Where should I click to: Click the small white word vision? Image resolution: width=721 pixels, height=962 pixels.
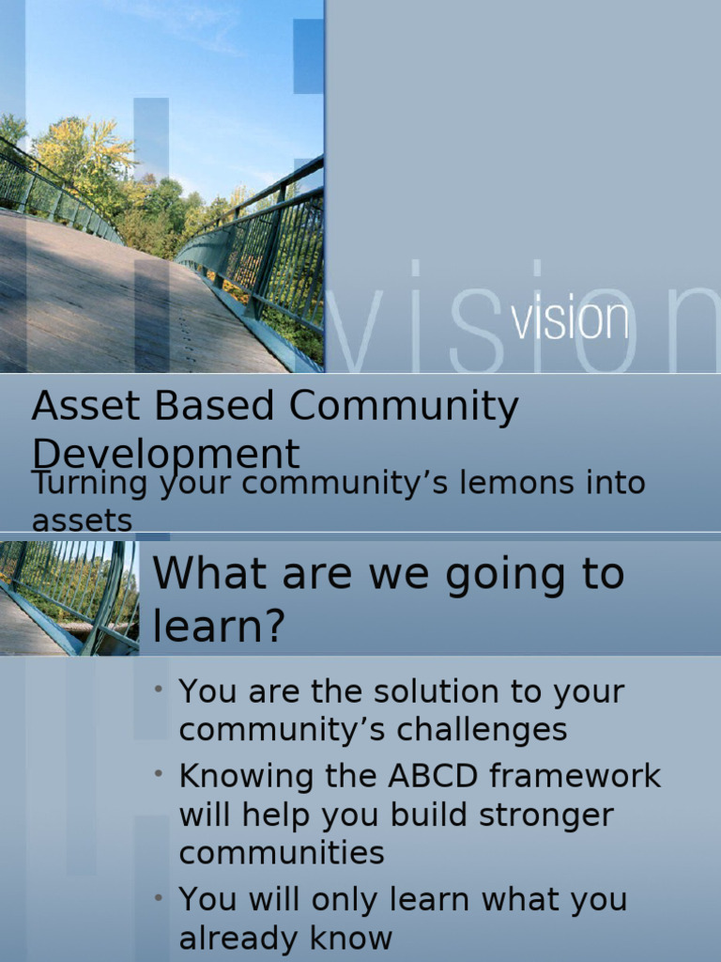[570, 320]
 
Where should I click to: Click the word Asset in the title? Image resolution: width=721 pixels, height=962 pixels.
[77, 408]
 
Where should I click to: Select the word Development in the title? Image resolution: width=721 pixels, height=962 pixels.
[166, 455]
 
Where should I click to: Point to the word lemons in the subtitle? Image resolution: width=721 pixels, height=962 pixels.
[482, 483]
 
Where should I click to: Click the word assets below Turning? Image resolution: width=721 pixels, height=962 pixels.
[82, 520]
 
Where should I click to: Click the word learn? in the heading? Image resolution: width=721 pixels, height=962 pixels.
[219, 626]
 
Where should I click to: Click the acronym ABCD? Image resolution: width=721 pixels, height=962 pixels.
[433, 776]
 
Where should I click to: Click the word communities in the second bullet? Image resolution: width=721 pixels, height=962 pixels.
[282, 853]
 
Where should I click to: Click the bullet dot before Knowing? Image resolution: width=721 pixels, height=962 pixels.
[161, 773]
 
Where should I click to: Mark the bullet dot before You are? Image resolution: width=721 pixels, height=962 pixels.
[161, 690]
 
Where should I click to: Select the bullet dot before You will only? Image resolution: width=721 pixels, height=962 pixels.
[161, 897]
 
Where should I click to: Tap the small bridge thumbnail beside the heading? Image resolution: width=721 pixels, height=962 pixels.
[69, 597]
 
